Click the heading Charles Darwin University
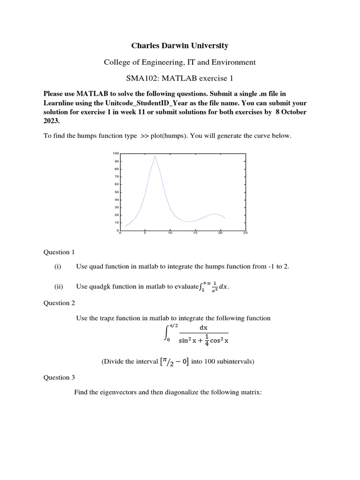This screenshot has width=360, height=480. click(x=180, y=45)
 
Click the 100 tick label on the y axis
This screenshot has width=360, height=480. click(x=116, y=153)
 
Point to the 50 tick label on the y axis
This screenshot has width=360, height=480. click(x=117, y=192)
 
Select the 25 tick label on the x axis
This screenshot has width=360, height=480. click(x=245, y=233)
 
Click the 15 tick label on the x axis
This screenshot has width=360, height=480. click(x=195, y=233)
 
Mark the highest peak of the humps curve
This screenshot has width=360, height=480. click(x=155, y=156)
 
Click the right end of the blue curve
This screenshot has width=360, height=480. click(x=225, y=218)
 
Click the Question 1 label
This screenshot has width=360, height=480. click(x=59, y=252)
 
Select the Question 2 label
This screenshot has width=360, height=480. click(x=59, y=303)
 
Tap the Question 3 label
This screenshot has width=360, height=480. click(x=59, y=377)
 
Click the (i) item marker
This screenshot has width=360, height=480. click(x=58, y=267)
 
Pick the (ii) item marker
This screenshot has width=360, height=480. click(x=59, y=286)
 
